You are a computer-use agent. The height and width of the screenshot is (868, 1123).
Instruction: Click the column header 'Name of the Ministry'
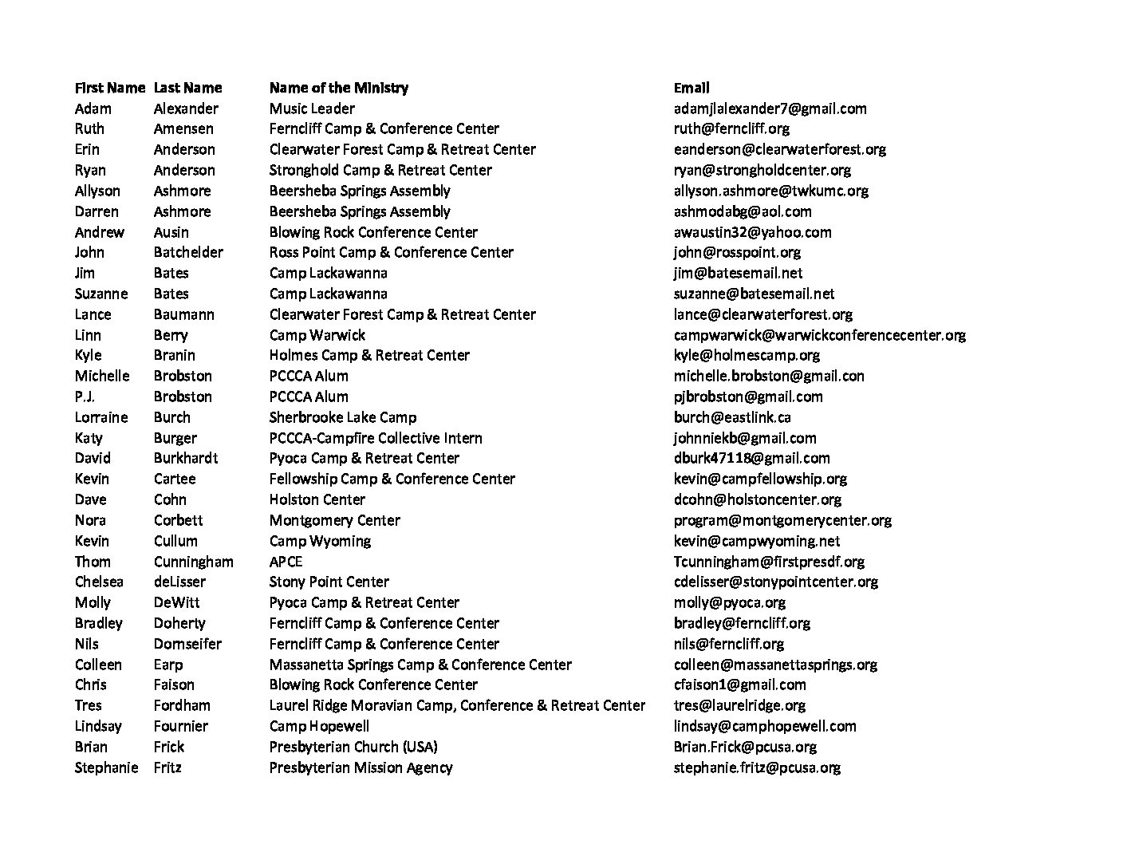[338, 88]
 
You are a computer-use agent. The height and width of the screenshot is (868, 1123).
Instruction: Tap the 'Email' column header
[691, 88]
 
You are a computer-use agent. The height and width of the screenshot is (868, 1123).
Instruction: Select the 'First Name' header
[109, 88]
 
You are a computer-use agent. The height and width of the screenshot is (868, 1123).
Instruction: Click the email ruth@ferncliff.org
[731, 128]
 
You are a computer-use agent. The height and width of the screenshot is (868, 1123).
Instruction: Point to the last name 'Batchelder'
[188, 252]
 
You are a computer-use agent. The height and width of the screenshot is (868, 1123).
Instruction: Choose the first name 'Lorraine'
[100, 417]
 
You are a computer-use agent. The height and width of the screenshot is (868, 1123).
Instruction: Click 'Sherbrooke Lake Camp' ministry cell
[342, 417]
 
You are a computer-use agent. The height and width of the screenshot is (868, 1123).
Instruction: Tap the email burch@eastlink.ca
[731, 417]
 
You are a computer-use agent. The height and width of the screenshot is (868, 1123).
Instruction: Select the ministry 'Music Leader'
[311, 108]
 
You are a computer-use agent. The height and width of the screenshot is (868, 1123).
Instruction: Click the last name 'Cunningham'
[193, 562]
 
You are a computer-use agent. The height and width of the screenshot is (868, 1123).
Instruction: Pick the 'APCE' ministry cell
[286, 562]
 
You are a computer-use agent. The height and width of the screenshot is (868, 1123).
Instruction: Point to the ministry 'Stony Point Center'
[329, 582]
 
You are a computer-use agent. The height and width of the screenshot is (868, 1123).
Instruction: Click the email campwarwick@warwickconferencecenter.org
[819, 335]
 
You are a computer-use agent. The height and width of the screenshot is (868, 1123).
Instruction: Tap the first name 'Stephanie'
[106, 767]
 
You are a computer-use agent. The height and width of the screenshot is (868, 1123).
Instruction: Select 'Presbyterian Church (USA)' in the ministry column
[353, 747]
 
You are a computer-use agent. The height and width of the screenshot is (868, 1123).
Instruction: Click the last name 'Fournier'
[180, 726]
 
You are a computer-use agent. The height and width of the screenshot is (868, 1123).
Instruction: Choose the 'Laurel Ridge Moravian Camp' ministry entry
[456, 705]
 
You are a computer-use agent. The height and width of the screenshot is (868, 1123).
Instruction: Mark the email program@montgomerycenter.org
[782, 520]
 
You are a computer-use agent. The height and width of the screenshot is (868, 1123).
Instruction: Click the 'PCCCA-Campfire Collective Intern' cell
[375, 438]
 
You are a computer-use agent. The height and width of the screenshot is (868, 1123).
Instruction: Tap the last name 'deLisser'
[179, 582]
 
